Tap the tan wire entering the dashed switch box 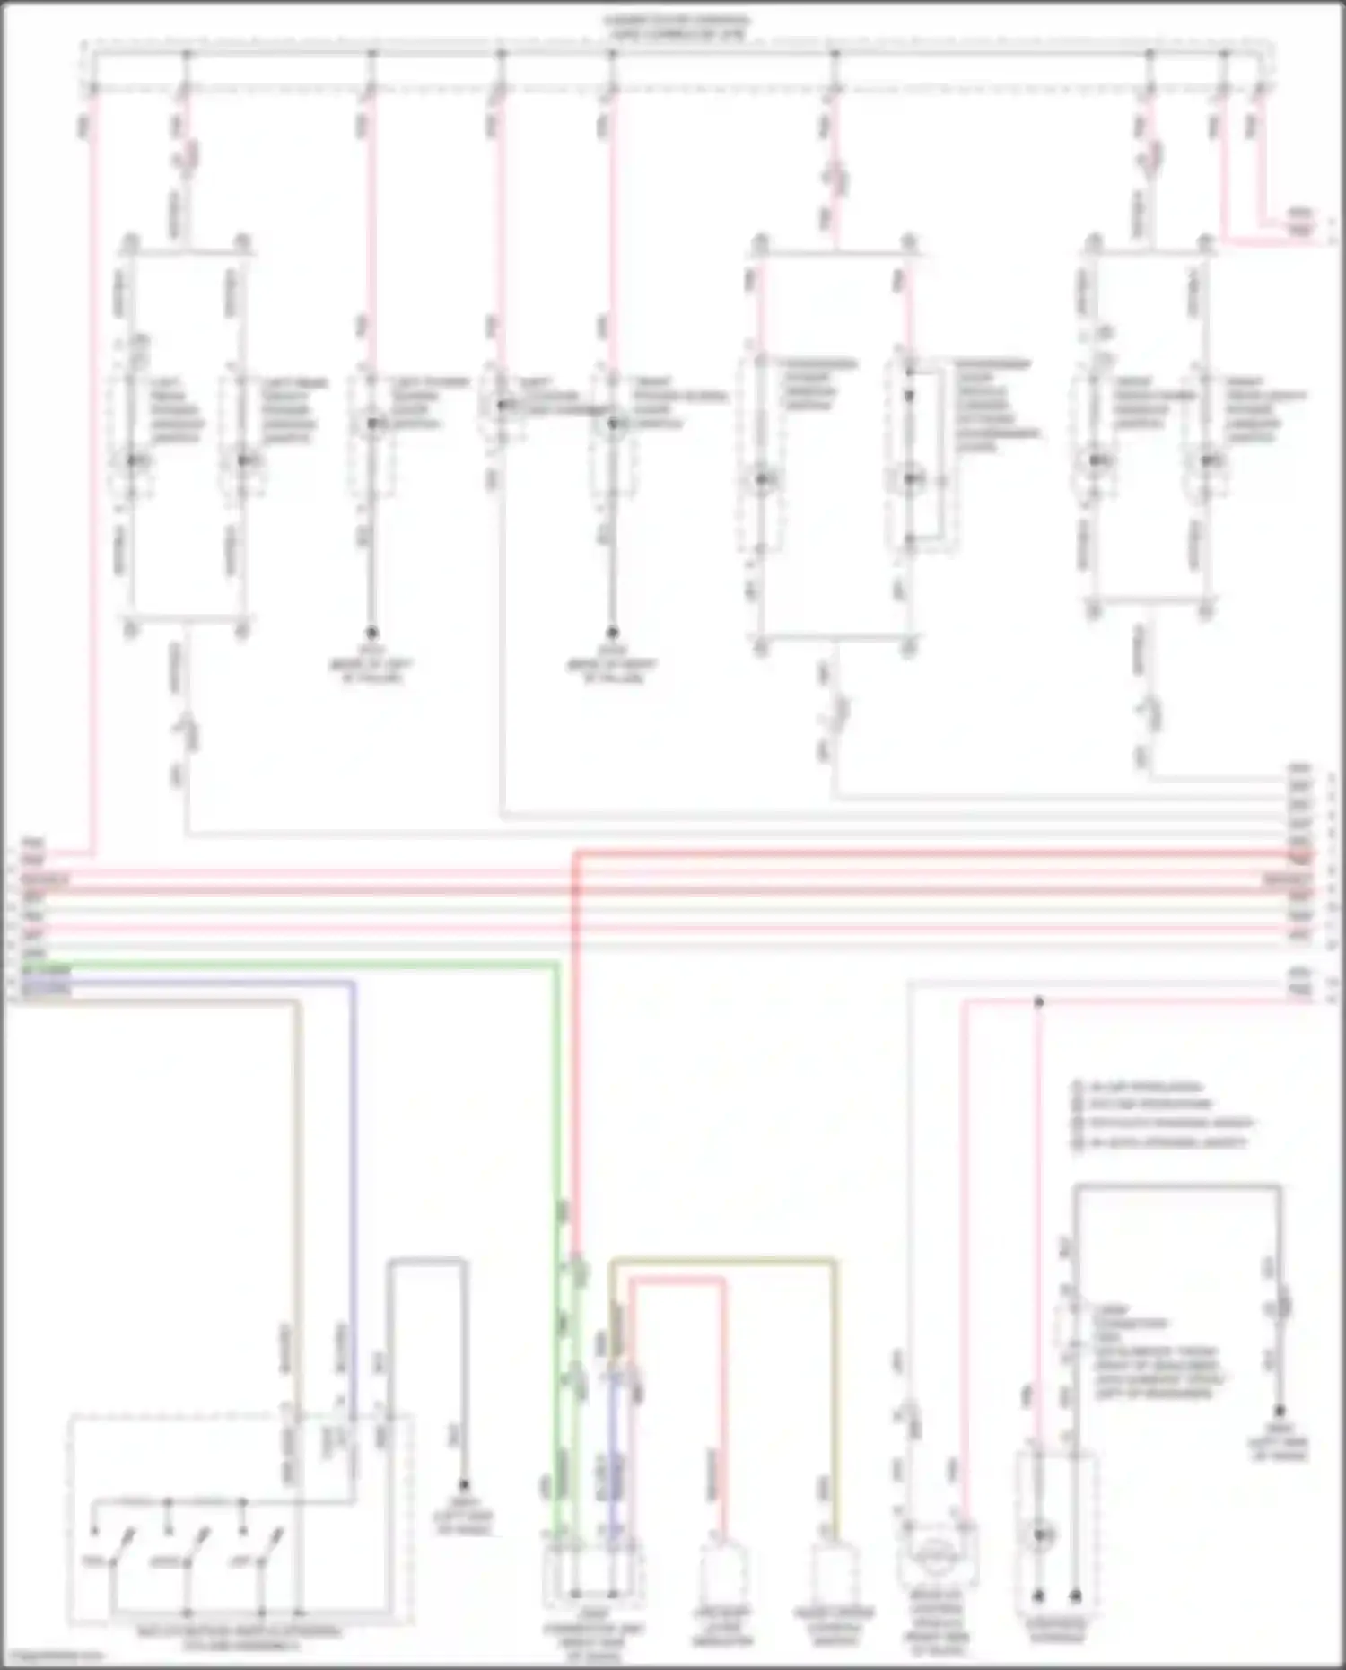pyautogui.click(x=297, y=1167)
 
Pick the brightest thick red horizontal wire pyautogui.click(x=897, y=853)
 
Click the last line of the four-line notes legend pyautogui.click(x=1158, y=1143)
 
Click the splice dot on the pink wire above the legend pyautogui.click(x=1038, y=1001)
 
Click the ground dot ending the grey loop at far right pyautogui.click(x=1280, y=1412)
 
